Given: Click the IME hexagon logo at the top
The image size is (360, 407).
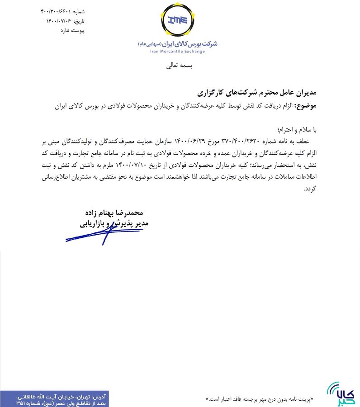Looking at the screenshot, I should point(179,20).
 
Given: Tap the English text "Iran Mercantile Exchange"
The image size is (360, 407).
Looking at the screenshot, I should point(177,52).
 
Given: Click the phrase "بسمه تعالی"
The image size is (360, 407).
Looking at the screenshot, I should point(180,66).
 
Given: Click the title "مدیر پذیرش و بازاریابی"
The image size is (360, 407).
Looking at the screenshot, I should point(114,223).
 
